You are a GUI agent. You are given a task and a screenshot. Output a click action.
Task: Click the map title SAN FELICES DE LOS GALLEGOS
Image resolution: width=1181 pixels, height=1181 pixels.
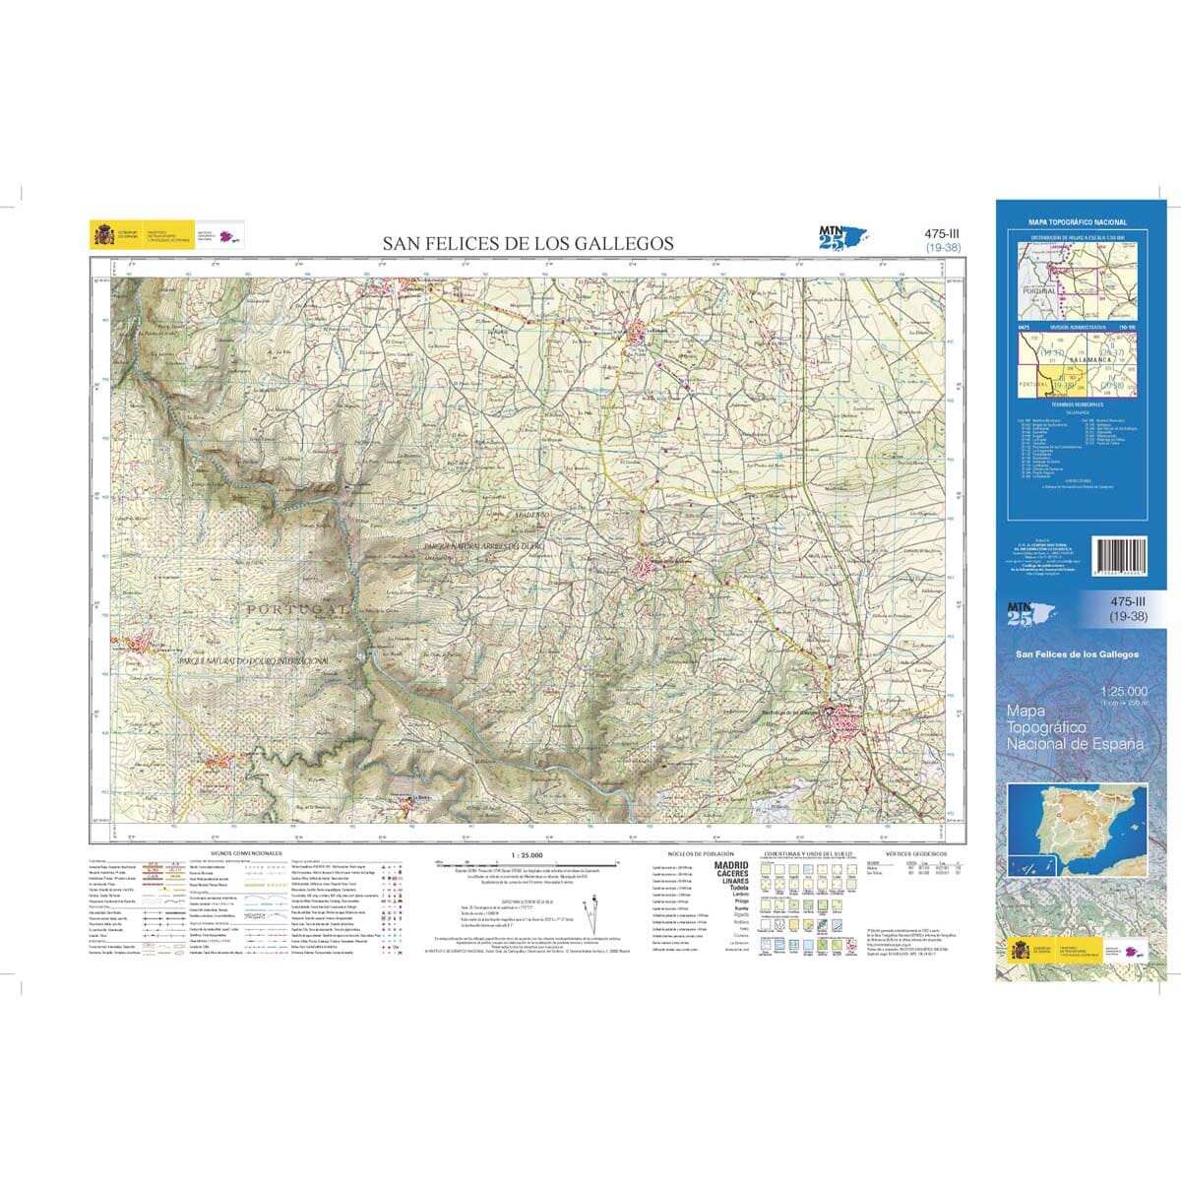coord(528,243)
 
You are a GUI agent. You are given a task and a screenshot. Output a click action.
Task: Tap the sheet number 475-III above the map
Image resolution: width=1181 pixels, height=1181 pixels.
coord(943,233)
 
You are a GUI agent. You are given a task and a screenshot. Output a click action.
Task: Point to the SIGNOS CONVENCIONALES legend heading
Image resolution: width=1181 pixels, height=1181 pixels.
coord(246,853)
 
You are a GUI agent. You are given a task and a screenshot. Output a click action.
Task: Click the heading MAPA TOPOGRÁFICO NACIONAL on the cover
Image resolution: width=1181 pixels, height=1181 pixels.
coord(1077,223)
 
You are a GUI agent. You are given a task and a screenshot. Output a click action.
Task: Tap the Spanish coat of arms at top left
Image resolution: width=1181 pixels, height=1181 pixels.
coord(103,235)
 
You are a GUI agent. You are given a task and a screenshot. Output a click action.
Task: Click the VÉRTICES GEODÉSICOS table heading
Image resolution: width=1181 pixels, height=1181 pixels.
coord(915,854)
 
